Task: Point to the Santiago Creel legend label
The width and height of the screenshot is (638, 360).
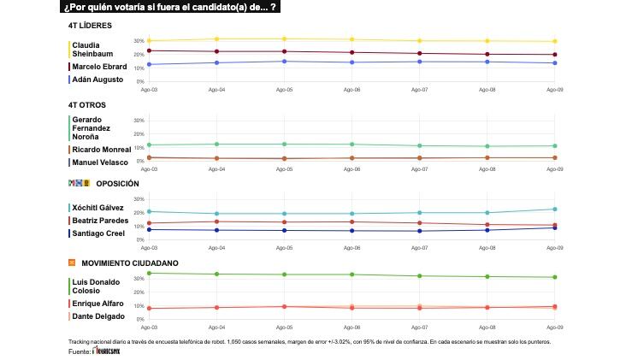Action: pyautogui.click(x=99, y=233)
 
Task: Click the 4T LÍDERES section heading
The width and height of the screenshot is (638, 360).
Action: pyautogui.click(x=89, y=26)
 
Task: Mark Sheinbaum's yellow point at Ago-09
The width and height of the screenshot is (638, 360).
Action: pyautogui.click(x=555, y=41)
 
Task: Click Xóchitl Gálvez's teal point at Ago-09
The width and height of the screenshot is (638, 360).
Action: pyautogui.click(x=555, y=209)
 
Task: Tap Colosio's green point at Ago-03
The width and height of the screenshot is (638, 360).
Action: pyautogui.click(x=149, y=273)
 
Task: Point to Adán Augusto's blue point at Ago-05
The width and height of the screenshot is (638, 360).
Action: pyautogui.click(x=284, y=61)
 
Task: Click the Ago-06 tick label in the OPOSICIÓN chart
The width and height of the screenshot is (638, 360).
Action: pyautogui.click(x=351, y=248)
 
